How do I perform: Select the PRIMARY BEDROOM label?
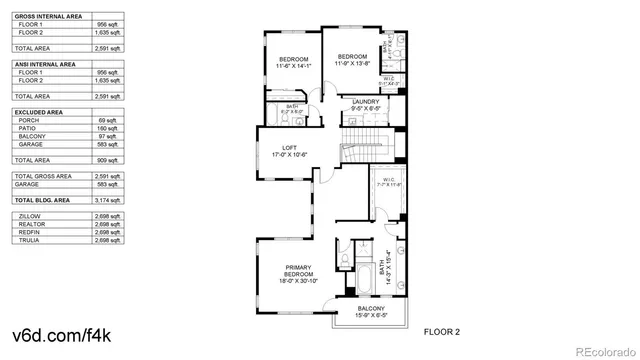point(298,268)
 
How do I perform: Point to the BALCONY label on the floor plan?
point(369,308)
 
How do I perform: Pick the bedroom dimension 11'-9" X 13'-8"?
point(352,62)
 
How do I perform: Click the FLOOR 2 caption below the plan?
point(441,330)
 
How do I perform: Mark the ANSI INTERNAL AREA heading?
point(44,65)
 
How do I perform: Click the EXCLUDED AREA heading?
point(39,113)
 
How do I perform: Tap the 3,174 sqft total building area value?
point(107,200)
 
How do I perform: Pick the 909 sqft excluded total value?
point(107,160)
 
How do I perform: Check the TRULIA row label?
point(29,240)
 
